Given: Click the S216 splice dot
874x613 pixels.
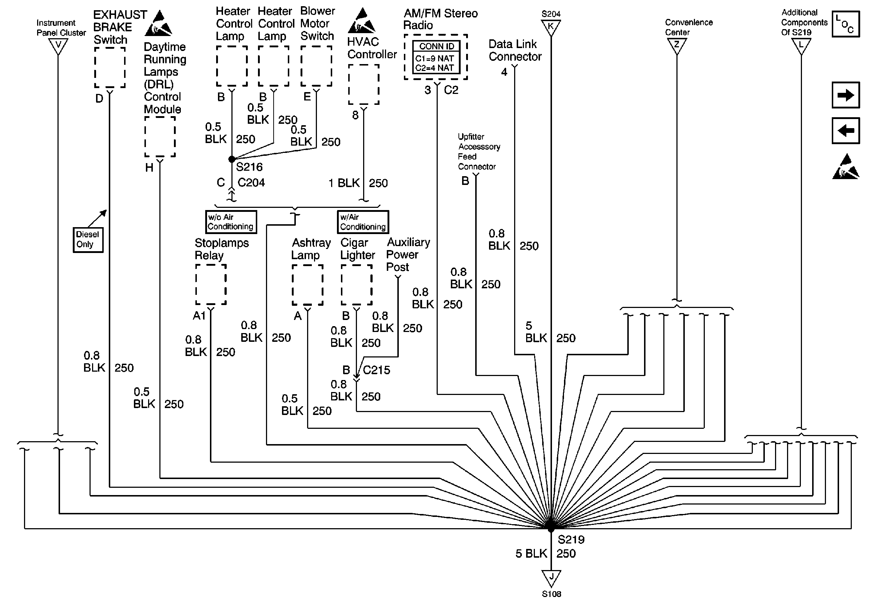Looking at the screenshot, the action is (x=232, y=159).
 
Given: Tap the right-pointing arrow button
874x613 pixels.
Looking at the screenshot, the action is (x=846, y=95).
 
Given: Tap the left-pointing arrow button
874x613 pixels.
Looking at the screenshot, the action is (x=846, y=131).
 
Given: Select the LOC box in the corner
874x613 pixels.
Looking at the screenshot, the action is (x=846, y=24).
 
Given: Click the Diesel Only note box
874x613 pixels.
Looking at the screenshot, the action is (x=88, y=240).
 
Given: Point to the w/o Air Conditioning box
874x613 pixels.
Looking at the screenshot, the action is (x=231, y=222).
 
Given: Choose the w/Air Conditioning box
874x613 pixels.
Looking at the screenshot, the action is (x=363, y=222).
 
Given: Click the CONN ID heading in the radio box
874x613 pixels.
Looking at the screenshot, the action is (x=437, y=47).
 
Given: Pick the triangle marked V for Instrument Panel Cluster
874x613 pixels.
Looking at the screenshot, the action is (x=58, y=47).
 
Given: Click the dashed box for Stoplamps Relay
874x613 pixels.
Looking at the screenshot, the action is (x=211, y=285).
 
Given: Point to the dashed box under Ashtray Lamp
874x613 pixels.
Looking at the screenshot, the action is (x=307, y=285).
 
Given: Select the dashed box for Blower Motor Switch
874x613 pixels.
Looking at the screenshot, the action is (x=316, y=66).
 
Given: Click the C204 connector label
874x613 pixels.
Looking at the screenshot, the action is (x=251, y=183).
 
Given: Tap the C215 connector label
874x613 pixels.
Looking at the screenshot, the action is (x=377, y=370).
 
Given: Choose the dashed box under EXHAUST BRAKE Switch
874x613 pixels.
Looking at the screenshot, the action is (x=110, y=67).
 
